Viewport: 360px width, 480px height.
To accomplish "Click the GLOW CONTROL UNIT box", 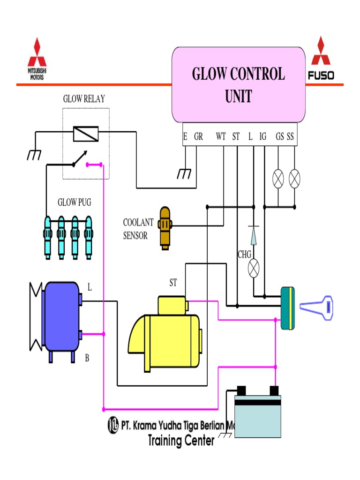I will (x=238, y=85).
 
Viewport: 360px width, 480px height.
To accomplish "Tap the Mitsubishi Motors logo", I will (x=37, y=59).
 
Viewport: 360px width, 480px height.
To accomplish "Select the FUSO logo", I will (x=321, y=59).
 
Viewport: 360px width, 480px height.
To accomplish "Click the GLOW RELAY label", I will (x=84, y=99).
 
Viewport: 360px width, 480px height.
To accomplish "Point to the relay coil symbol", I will (x=86, y=134).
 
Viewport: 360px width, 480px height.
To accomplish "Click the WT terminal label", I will (x=221, y=136).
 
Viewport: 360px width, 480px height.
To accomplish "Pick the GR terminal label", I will (x=198, y=136).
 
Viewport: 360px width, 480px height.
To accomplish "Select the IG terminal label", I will (x=263, y=136).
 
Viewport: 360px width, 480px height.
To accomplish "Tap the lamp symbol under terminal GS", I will (x=278, y=178).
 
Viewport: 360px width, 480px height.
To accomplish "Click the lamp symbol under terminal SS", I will (x=294, y=178).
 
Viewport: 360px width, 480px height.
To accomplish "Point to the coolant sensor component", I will (x=165, y=227).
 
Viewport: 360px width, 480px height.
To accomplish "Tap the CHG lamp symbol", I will (x=254, y=268).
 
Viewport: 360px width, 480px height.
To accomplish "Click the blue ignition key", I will (x=316, y=307).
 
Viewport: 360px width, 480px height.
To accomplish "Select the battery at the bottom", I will (x=257, y=414).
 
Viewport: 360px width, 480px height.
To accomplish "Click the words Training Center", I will (x=181, y=441).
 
